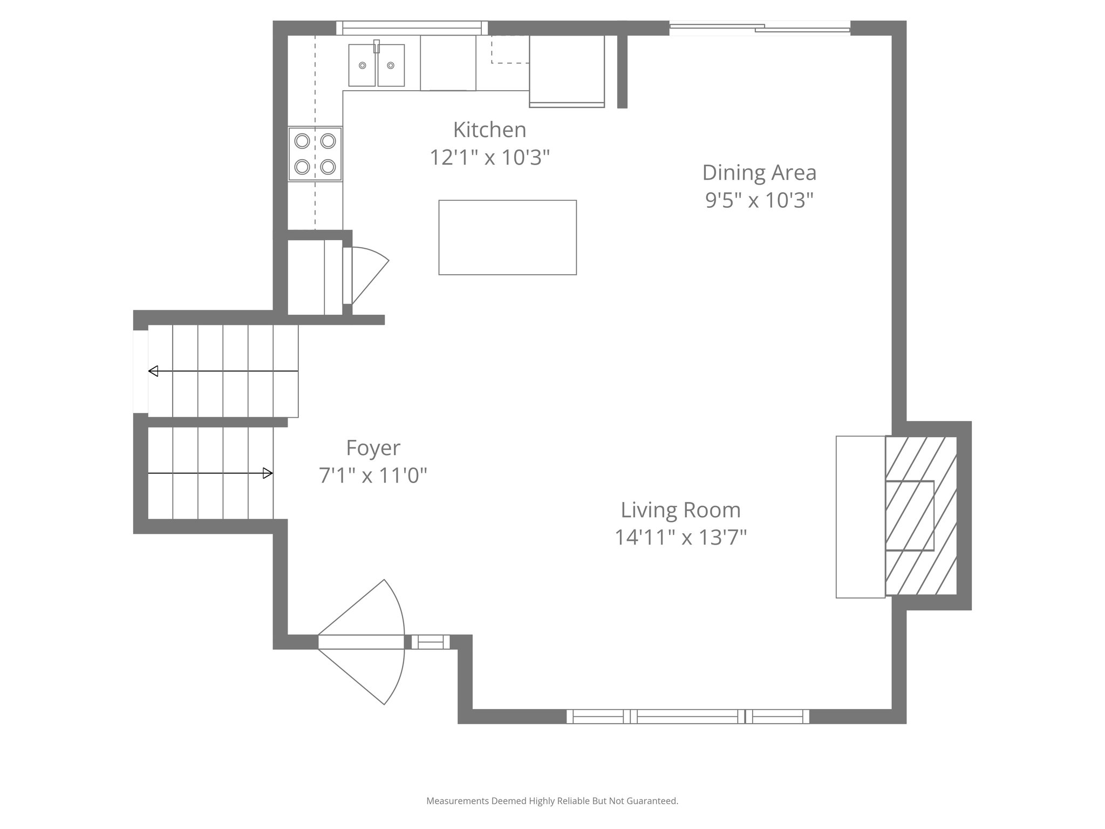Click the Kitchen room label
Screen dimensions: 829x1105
pyautogui.click(x=489, y=130)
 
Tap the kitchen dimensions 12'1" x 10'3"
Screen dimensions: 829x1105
pyautogui.click(x=489, y=158)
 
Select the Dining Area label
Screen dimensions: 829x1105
pyautogui.click(x=759, y=173)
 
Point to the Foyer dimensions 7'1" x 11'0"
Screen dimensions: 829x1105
pyautogui.click(x=373, y=475)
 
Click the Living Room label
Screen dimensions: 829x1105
pyautogui.click(x=680, y=510)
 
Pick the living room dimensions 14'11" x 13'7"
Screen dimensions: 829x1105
pyautogui.click(x=680, y=538)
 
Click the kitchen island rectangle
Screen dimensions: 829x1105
pyautogui.click(x=507, y=237)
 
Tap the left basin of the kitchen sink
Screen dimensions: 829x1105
pyautogui.click(x=363, y=65)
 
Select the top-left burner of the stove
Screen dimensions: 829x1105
pyautogui.click(x=302, y=141)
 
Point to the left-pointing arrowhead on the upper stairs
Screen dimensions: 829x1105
pyautogui.click(x=153, y=371)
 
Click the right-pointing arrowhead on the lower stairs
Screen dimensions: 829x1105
pyautogui.click(x=268, y=473)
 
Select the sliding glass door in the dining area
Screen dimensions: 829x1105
pyautogui.click(x=759, y=28)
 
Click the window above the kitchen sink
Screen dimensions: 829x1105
pyautogui.click(x=412, y=28)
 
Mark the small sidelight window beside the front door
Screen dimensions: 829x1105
pyautogui.click(x=430, y=642)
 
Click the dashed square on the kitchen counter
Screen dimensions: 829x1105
pyautogui.click(x=510, y=50)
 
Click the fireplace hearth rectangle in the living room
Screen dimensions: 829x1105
pyautogui.click(x=860, y=517)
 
